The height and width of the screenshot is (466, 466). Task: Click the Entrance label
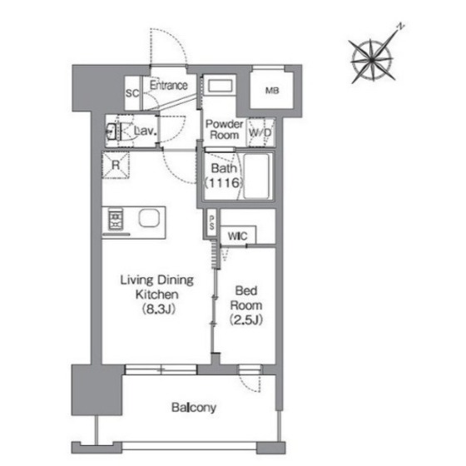coord(168,85)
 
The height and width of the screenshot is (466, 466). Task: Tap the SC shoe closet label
coord(132,93)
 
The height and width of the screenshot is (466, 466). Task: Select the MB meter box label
coord(272,91)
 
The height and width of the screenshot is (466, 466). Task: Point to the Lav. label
coord(146,131)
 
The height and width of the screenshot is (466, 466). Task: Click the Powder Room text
coord(224,129)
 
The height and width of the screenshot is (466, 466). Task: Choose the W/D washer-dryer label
coord(260,132)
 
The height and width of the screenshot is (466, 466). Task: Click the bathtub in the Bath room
coord(256,176)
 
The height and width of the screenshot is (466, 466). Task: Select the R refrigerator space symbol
coord(116,165)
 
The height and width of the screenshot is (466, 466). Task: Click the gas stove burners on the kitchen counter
coord(116,219)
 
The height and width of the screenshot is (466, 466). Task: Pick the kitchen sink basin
coord(149,218)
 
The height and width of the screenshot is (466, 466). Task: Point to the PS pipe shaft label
coord(211,223)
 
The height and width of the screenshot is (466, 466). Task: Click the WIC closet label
coord(237,236)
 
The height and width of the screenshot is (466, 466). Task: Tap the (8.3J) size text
coord(158,309)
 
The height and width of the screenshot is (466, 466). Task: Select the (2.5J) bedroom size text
coord(246,320)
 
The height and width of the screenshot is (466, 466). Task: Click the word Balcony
coord(194,408)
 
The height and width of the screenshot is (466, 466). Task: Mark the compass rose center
coord(372,60)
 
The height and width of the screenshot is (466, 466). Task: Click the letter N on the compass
coord(401,27)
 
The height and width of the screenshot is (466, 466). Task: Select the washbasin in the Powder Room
coord(220,87)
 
